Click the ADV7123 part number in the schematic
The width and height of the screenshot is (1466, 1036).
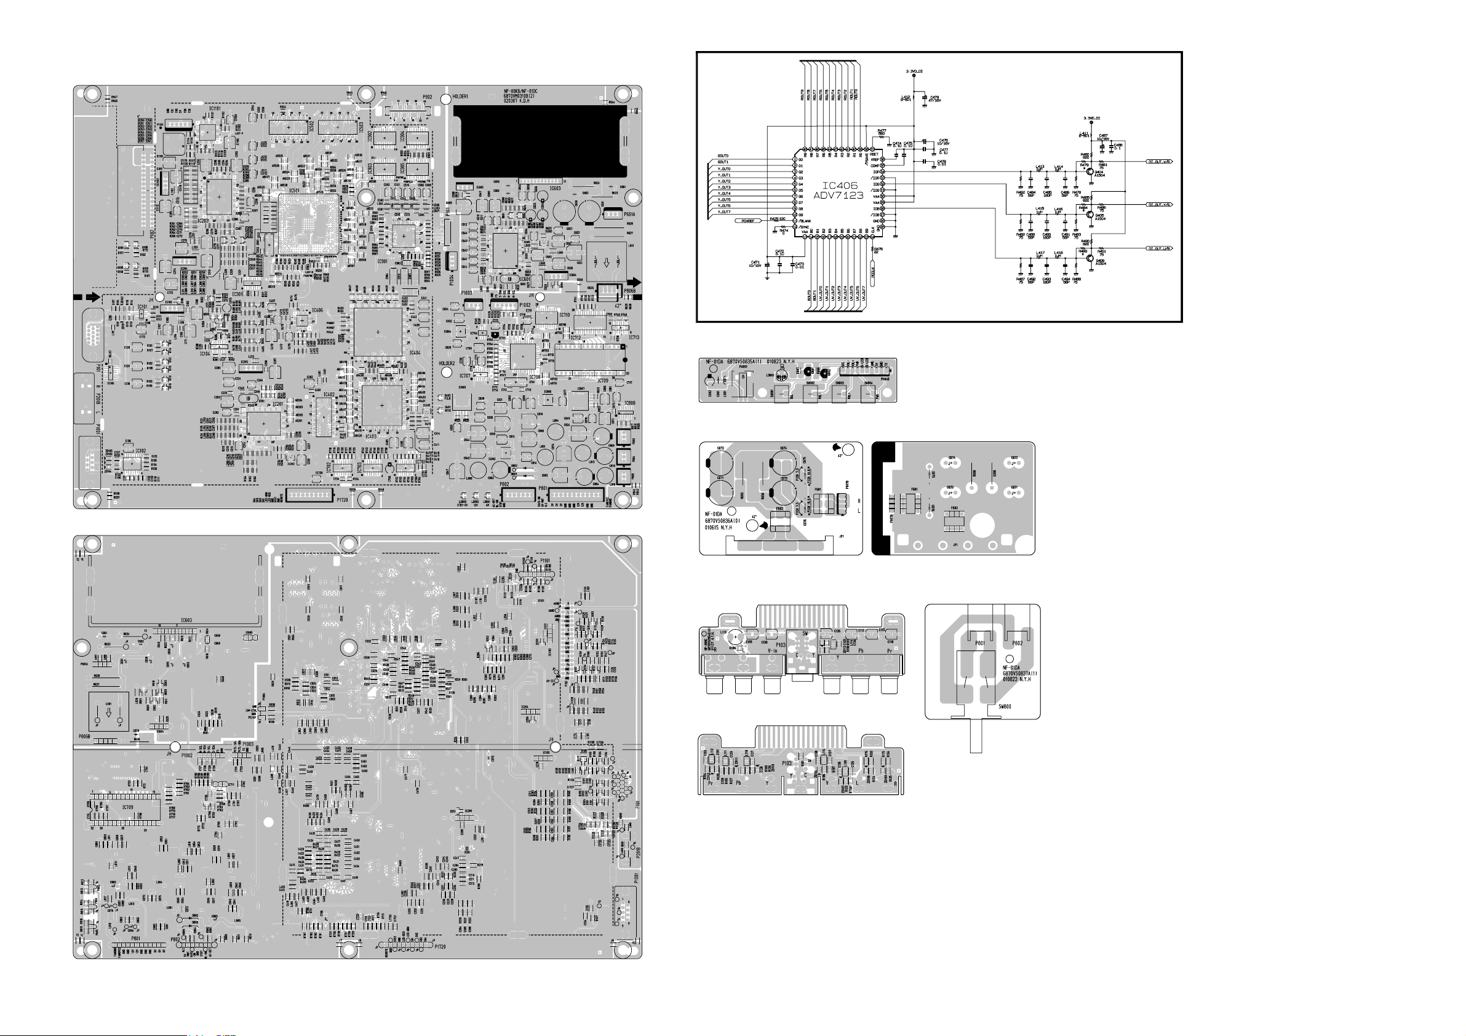(838, 196)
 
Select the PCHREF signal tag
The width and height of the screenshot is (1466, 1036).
(749, 221)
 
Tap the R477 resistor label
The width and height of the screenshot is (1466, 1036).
(882, 131)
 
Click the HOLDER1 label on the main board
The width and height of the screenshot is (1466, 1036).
(460, 97)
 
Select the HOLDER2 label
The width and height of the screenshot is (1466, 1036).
(447, 363)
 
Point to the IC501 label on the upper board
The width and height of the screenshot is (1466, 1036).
(294, 190)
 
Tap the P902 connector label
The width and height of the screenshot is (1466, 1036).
(427, 97)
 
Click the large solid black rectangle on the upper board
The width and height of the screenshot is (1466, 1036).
(540, 141)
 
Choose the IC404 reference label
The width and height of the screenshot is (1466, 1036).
(415, 353)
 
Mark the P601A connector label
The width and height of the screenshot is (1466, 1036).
(629, 215)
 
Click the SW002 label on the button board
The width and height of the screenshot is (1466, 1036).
(810, 384)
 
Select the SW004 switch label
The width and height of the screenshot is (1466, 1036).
(869, 384)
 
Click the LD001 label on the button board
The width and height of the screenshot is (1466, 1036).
(770, 375)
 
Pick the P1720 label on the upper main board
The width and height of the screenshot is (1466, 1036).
(342, 500)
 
